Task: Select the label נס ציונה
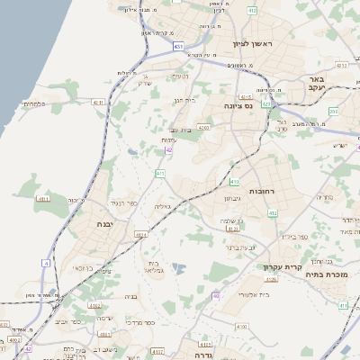245,105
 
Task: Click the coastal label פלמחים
33,103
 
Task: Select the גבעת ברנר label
244,246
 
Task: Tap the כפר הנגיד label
122,204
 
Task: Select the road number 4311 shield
43,198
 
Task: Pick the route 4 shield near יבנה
43,263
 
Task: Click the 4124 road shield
140,234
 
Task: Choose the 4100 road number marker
240,326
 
